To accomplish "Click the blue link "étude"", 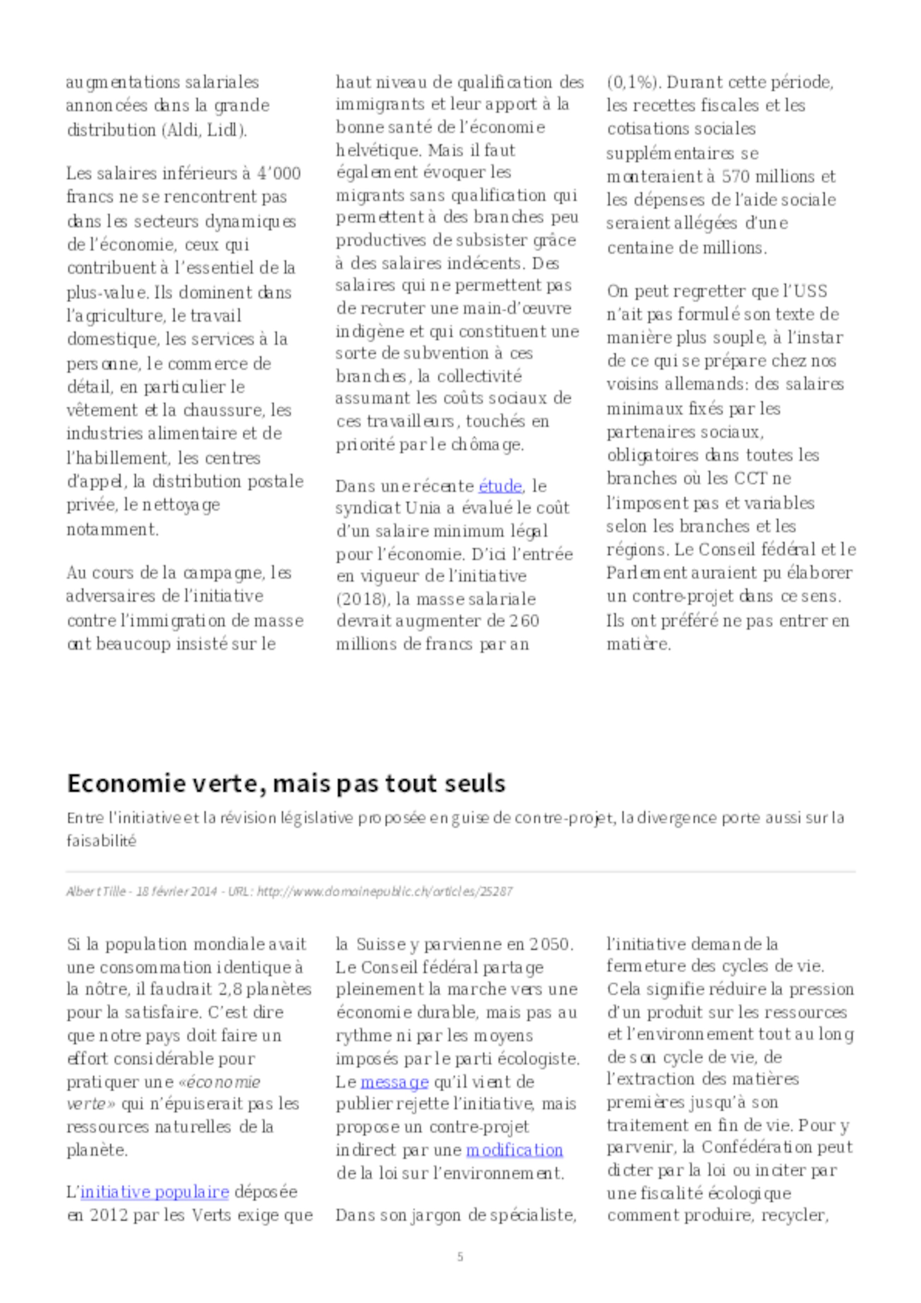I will (x=500, y=486).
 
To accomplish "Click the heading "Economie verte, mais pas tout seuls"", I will (x=286, y=783).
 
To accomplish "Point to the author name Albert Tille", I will (x=96, y=891).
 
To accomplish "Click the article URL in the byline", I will (x=385, y=891).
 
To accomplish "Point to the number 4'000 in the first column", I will (x=279, y=173).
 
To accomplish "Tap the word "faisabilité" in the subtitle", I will (x=102, y=841).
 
